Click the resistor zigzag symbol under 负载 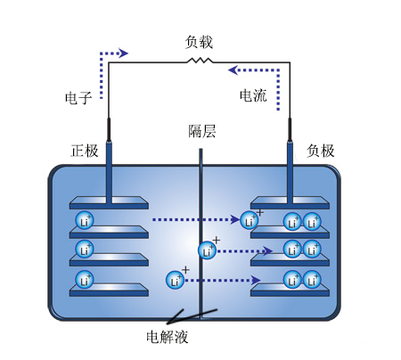pos(200,61)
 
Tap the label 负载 pos(199,42)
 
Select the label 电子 pos(78,98)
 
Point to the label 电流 pos(253,95)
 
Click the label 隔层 pos(202,131)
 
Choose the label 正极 pos(85,151)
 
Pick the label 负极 pos(321,151)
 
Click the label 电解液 pos(168,337)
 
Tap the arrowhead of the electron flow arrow pos(124,53)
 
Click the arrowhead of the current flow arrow pos(233,70)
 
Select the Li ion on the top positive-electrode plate pos(85,220)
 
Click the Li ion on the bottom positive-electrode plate pos(85,279)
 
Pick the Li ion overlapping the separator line pos(208,250)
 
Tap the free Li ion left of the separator pos(176,280)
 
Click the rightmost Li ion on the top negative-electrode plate pos(312,222)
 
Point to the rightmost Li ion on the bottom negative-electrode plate pos(312,280)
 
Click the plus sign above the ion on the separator pos(217,240)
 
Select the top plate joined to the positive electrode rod pos(109,203)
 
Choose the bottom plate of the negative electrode pos(290,290)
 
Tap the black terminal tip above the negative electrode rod pos(290,129)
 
